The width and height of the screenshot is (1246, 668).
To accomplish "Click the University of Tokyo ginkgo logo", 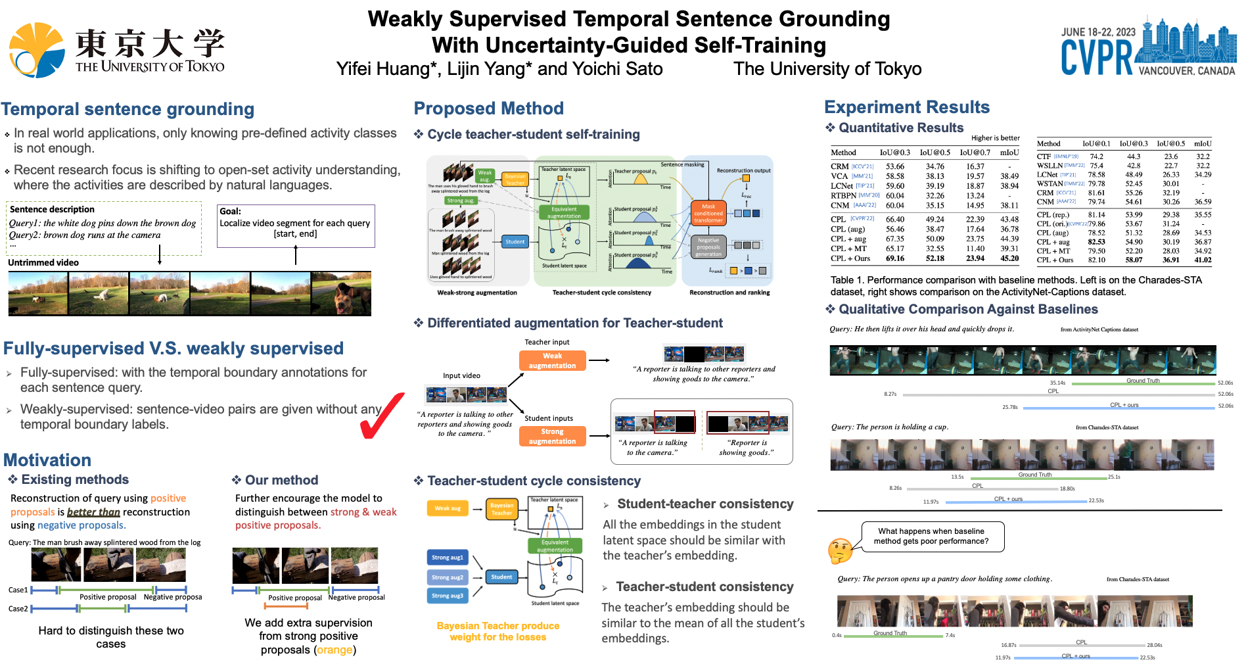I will (x=36, y=50).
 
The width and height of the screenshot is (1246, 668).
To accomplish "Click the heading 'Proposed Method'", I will (x=488, y=108).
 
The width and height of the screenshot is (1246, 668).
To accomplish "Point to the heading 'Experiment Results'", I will (x=906, y=107).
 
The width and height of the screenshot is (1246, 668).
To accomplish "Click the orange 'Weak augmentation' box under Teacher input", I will (x=552, y=360).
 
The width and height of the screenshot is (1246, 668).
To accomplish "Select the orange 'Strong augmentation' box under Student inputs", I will (x=552, y=436).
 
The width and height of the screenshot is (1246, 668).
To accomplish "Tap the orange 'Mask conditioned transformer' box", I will (x=708, y=213).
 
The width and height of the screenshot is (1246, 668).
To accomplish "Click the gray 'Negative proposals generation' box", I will (x=708, y=247).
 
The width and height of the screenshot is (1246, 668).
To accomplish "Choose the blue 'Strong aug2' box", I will (x=448, y=577).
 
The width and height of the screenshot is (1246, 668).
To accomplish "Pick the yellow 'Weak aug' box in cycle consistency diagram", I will (x=448, y=508).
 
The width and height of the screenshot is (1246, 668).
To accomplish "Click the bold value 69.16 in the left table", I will (x=894, y=258).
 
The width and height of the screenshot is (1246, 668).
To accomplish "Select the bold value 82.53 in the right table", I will (x=1096, y=242).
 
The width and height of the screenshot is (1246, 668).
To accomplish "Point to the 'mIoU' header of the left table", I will (x=1009, y=153).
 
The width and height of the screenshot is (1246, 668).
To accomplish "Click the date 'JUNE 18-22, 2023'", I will (x=1098, y=32).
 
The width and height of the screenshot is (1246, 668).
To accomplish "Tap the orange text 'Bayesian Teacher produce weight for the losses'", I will (x=497, y=631).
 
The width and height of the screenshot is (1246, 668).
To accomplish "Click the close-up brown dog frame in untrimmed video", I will (x=341, y=293).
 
